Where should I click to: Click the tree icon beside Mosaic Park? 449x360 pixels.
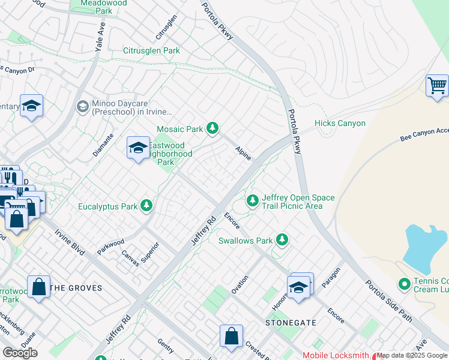point(212,128)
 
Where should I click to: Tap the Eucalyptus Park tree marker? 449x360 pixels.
point(146,206)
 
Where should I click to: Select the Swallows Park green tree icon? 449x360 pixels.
point(282,241)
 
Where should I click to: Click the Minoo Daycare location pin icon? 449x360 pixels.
point(82,107)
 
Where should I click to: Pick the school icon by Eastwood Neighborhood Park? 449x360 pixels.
point(138,148)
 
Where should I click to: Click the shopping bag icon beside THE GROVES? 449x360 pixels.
point(39,286)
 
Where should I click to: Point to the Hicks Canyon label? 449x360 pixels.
point(340,123)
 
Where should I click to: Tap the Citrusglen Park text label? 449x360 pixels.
point(151,51)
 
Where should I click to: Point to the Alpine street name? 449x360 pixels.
point(243,152)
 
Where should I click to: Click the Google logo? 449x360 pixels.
point(20,353)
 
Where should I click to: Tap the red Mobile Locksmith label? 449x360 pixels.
point(336,355)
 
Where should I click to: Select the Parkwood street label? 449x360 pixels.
point(110,246)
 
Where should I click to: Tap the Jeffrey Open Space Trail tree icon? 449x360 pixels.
point(253,199)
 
